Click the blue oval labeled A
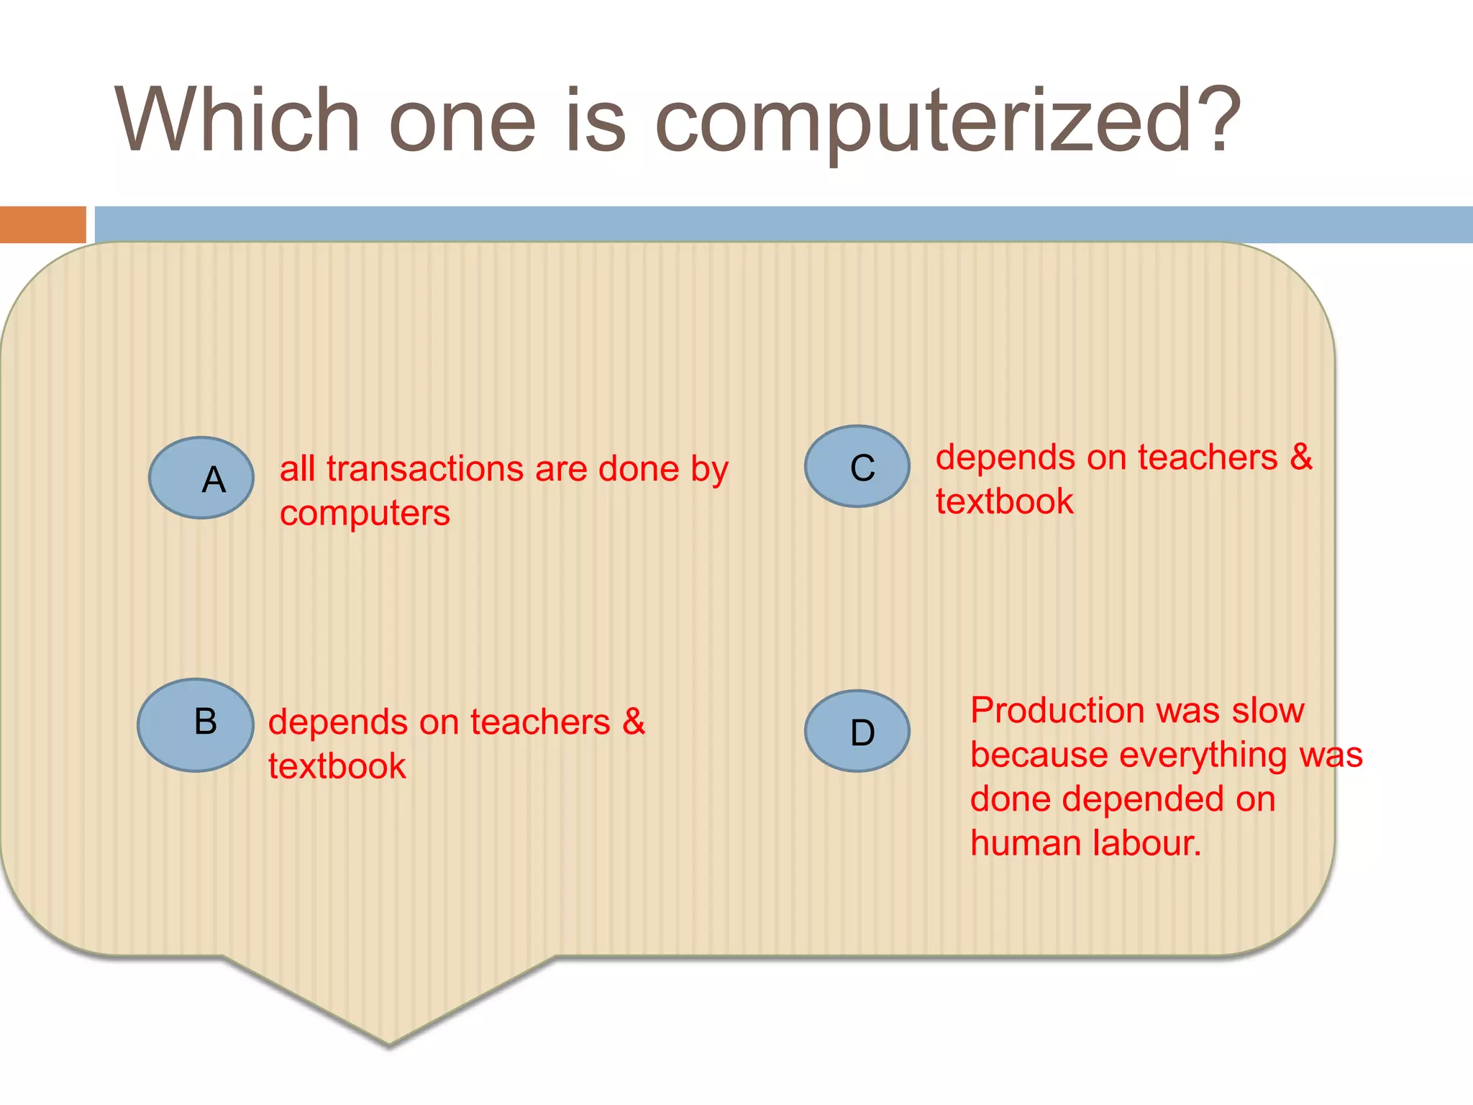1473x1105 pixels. click(201, 478)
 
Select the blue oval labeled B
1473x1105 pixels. click(196, 724)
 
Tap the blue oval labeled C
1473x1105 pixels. click(857, 466)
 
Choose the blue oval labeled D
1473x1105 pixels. click(857, 731)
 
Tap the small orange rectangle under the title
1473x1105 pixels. click(42, 224)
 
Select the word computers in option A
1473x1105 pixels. click(365, 514)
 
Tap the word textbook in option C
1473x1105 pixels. click(1004, 501)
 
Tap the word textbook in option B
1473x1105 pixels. click(337, 766)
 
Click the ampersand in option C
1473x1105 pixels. click(1301, 457)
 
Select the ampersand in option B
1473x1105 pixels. click(634, 722)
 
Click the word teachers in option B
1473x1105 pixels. click(540, 722)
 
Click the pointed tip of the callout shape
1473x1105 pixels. click(389, 1042)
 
